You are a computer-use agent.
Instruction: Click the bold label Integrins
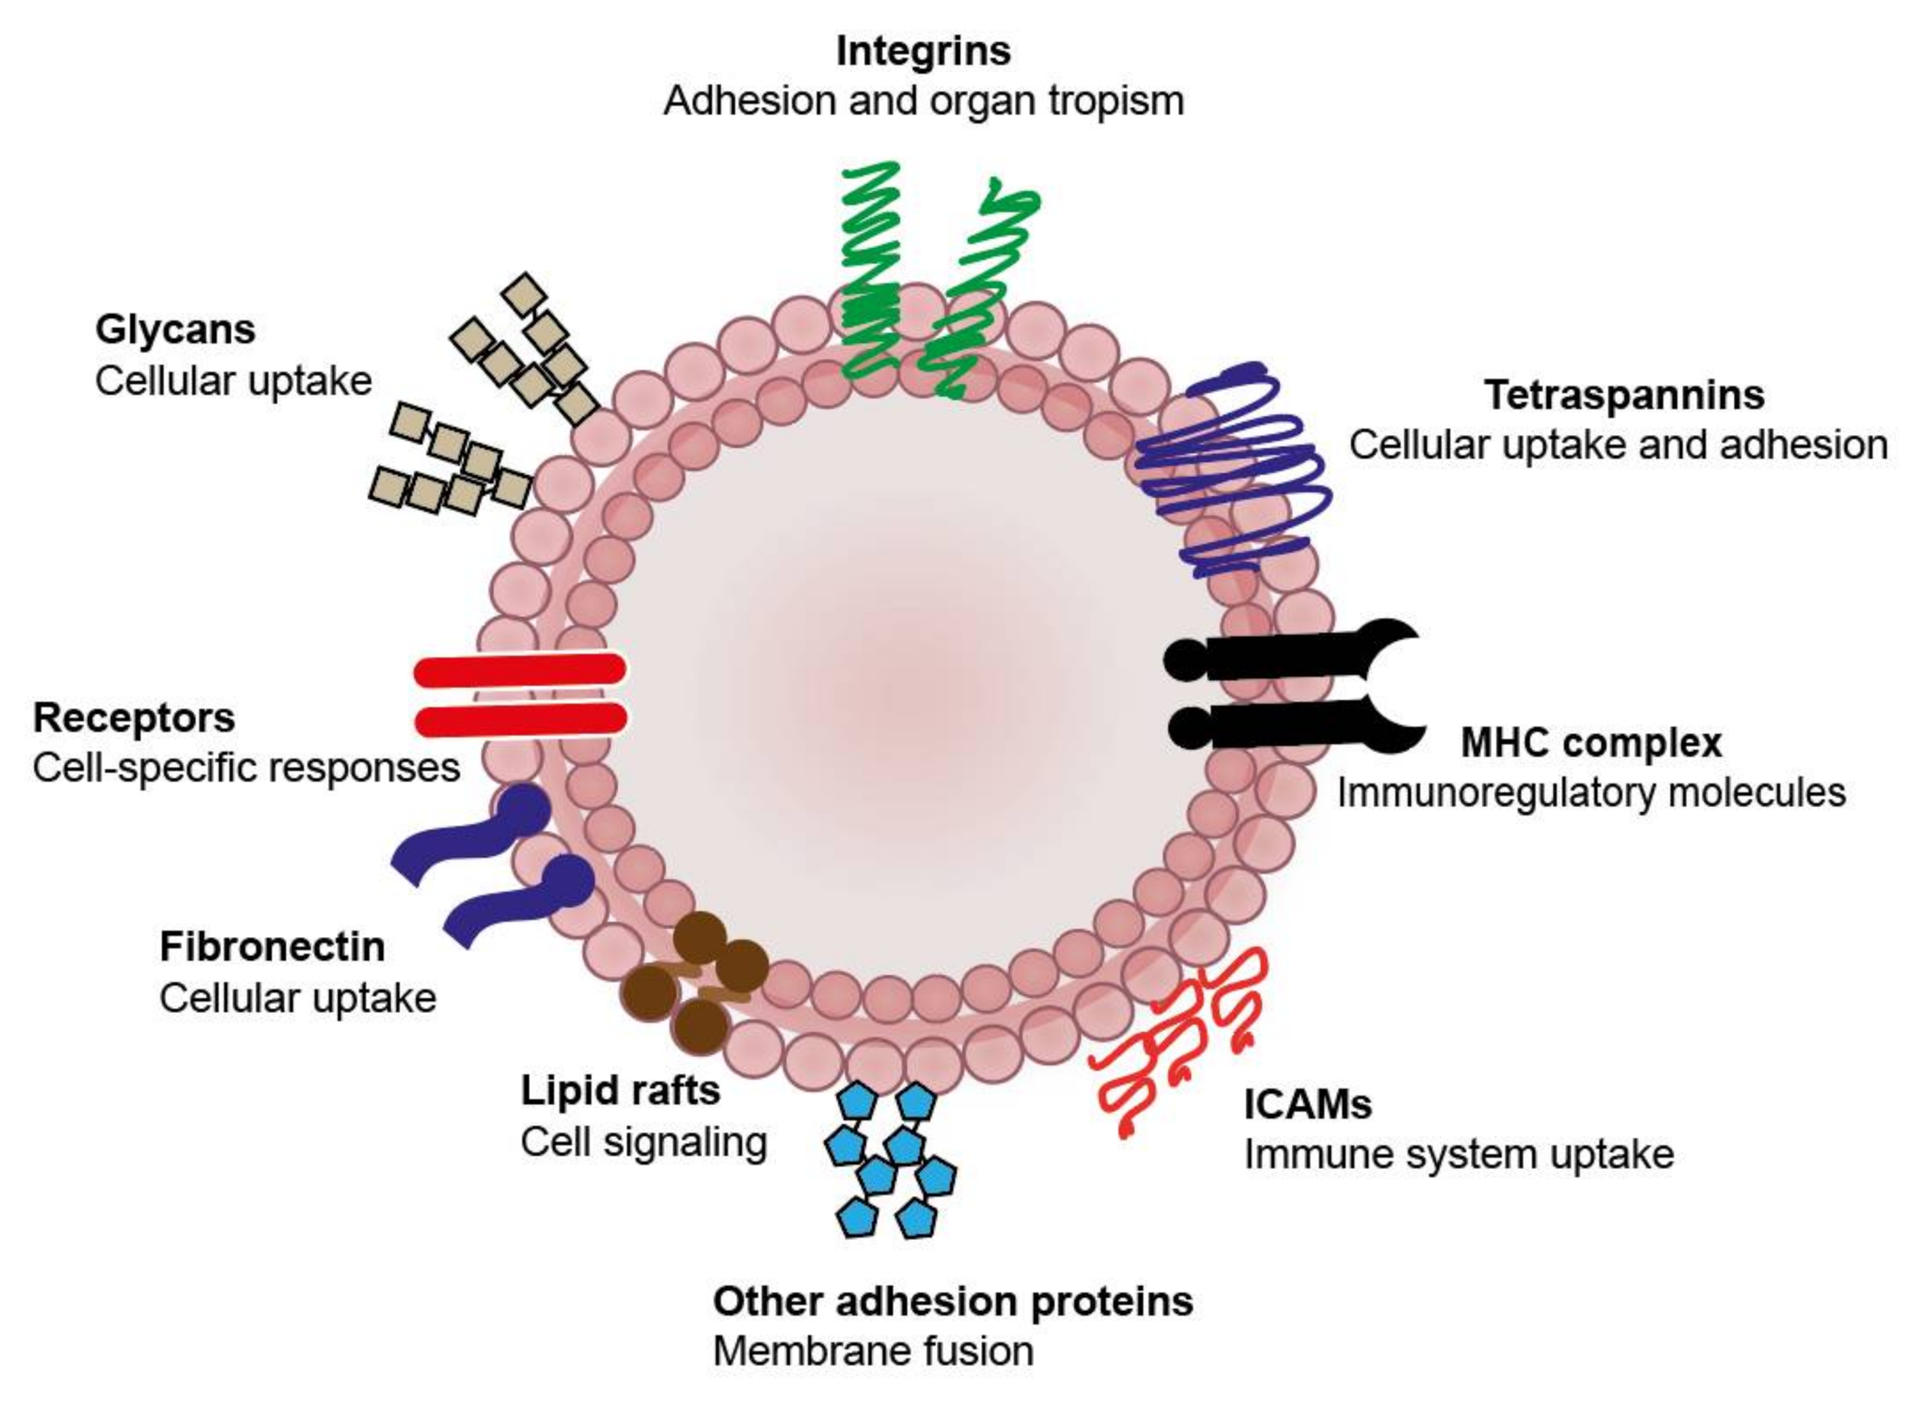923,51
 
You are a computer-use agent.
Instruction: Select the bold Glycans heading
175,330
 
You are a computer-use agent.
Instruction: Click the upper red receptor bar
520,671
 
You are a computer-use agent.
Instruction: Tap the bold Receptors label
133,718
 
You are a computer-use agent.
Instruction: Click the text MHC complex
1591,743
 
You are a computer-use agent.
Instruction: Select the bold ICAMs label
1307,1104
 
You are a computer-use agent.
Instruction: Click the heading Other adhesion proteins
953,1302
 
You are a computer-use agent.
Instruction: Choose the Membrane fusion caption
873,1351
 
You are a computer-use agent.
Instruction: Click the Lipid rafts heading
620,1090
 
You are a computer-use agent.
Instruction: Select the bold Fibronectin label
272,947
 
